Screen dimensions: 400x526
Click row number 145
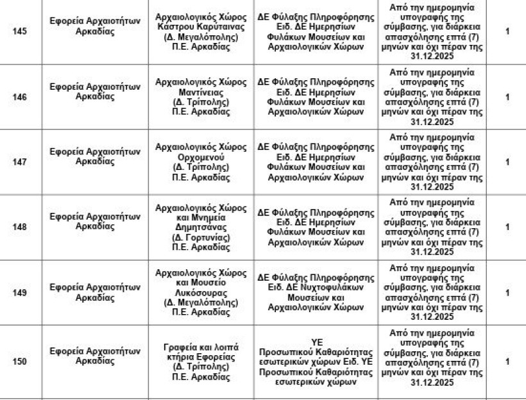[x=20, y=32]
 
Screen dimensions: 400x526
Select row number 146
[x=20, y=97]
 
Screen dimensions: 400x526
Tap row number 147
[x=20, y=162]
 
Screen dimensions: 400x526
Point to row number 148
[x=20, y=227]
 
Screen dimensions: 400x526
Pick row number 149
[x=20, y=293]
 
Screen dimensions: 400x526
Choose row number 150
[x=20, y=362]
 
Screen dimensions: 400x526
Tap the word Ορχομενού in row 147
[x=201, y=157]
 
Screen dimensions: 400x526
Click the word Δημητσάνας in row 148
[x=201, y=227]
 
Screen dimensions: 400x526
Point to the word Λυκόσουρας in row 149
[x=201, y=293]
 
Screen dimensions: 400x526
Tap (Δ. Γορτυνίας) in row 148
[x=201, y=237]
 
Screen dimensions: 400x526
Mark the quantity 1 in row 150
[x=507, y=362]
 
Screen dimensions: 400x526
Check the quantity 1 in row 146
[x=507, y=97]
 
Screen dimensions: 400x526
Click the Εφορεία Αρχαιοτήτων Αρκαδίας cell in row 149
[x=94, y=293]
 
